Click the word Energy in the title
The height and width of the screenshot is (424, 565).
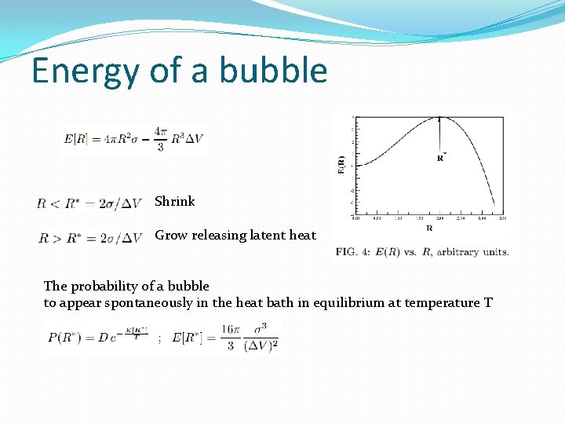(x=85, y=71)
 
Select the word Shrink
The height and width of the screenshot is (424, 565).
(x=174, y=201)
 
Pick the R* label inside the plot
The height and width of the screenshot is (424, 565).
(x=442, y=157)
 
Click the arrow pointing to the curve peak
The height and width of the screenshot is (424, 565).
(x=439, y=133)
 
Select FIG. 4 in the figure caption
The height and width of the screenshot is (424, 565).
(x=353, y=252)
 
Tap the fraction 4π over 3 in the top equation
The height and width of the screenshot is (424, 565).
(x=161, y=140)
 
